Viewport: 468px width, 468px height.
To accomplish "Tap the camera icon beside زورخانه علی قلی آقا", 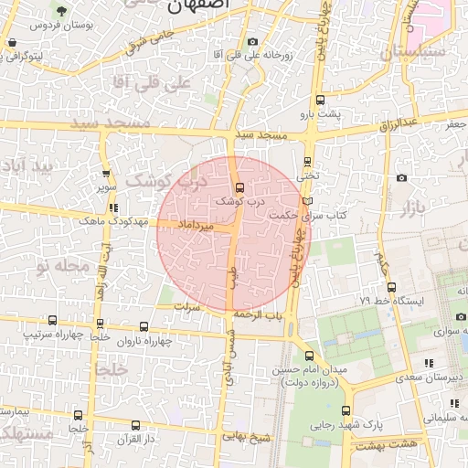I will (253, 42).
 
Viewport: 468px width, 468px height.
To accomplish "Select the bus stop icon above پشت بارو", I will (320, 101).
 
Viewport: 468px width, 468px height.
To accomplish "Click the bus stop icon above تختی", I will (308, 162).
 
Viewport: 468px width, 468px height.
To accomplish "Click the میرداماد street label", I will (196, 224).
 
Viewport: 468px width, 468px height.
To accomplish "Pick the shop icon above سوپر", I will (107, 174).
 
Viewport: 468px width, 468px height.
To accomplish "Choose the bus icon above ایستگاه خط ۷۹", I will (391, 287).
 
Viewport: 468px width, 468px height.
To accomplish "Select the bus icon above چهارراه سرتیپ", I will (52, 321).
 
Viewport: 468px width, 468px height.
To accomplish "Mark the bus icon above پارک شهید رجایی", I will (346, 410).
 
